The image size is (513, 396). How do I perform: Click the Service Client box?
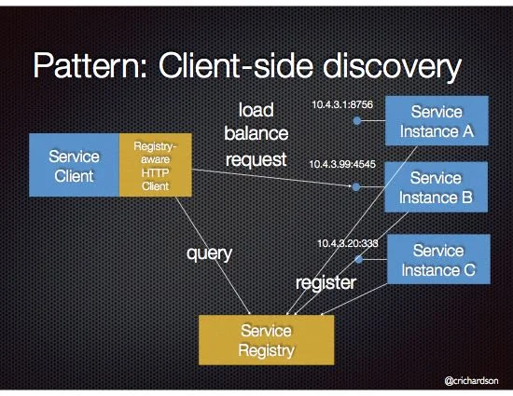(74, 165)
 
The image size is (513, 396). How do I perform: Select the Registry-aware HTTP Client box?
(156, 165)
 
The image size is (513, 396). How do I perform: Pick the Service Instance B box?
(436, 187)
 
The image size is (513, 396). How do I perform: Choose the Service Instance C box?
(437, 260)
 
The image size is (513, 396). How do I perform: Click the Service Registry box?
(266, 340)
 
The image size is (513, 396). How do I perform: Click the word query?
(206, 253)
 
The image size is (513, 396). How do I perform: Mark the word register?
(326, 282)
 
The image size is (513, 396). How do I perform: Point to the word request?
(256, 159)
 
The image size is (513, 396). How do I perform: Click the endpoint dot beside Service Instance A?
(355, 121)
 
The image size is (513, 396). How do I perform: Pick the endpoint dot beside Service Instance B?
(355, 187)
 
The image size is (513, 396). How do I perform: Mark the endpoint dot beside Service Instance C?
(358, 260)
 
